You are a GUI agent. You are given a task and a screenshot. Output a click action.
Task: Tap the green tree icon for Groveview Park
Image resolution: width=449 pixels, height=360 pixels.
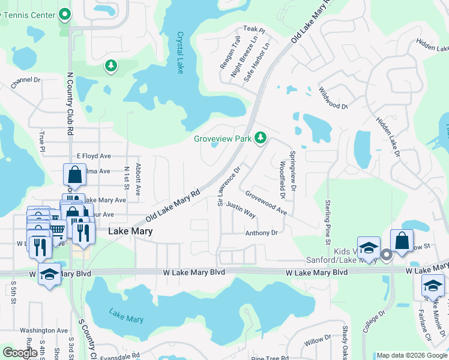pos(260,138)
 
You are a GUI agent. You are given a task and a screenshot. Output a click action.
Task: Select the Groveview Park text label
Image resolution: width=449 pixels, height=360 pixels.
pos(222,139)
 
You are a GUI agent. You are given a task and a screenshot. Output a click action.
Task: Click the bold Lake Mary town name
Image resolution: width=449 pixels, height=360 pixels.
pos(130,231)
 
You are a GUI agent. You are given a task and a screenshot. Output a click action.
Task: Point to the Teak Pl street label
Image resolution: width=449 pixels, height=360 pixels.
pos(254,29)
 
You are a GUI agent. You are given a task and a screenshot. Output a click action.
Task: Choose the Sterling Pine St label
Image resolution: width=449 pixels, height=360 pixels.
pos(328,222)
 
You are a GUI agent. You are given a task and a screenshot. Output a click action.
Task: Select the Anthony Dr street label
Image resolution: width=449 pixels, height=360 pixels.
pos(261,233)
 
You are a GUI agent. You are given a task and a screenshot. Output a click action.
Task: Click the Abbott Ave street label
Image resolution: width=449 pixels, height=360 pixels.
pos(138,179)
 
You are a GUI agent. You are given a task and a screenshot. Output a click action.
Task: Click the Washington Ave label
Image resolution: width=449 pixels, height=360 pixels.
pos(44,330)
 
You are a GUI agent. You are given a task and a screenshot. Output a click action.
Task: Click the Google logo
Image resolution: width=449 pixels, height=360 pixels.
pos(20,353)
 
